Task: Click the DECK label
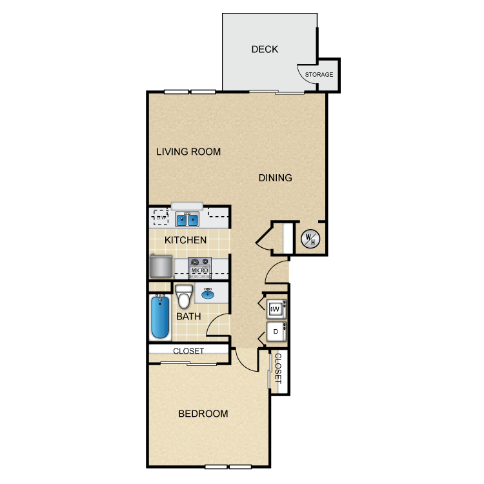(x=265, y=50)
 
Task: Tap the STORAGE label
(x=319, y=75)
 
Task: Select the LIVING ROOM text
(x=188, y=152)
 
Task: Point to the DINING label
(x=275, y=178)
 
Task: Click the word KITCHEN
(x=185, y=240)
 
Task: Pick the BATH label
(x=188, y=316)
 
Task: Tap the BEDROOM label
(x=203, y=414)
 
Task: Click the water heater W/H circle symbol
(x=310, y=239)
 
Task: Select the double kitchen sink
(x=187, y=219)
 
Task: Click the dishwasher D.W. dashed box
(x=161, y=217)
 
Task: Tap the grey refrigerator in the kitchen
(x=161, y=266)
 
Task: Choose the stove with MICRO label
(x=199, y=267)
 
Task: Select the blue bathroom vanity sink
(x=208, y=294)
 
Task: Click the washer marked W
(x=276, y=309)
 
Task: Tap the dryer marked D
(x=276, y=332)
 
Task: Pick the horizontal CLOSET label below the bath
(x=188, y=351)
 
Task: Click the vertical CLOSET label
(x=278, y=368)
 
